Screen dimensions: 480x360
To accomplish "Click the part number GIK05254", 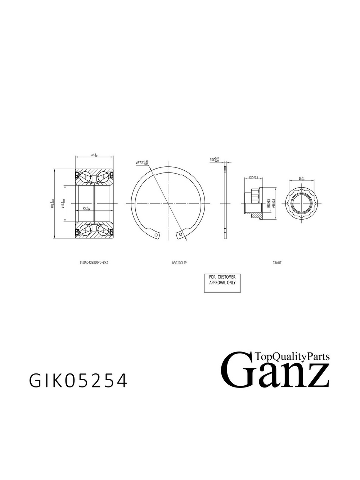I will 78,381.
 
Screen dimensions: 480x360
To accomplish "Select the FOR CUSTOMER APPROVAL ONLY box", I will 222,283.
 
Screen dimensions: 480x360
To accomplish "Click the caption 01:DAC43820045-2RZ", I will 94,263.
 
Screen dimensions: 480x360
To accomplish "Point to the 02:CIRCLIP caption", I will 179,263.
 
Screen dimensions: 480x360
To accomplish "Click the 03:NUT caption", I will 277,263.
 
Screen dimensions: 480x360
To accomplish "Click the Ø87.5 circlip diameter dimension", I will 142,163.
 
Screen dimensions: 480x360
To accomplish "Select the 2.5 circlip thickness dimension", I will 215,159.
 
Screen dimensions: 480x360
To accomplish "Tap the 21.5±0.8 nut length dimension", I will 256,178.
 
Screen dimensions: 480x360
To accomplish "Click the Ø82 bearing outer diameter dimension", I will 53,204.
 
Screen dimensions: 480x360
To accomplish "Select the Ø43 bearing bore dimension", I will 63,204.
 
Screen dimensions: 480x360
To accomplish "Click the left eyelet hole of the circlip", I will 157,235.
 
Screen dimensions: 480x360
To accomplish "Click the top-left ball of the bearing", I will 85,177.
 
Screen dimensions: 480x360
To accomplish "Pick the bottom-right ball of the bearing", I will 103,230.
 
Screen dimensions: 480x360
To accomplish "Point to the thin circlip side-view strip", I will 225,203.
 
